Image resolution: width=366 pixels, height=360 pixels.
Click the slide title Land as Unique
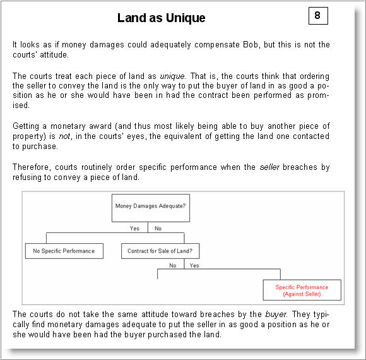click(161, 18)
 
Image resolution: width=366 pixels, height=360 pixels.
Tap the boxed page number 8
click(318, 16)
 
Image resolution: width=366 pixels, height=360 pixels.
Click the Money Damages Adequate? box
click(151, 208)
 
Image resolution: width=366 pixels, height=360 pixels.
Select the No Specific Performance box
click(64, 251)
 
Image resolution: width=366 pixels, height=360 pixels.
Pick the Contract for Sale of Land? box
click(160, 251)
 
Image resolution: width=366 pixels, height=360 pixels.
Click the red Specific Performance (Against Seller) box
click(302, 290)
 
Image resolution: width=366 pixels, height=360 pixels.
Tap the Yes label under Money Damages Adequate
click(134, 228)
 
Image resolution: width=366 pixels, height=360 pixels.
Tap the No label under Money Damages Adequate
click(158, 228)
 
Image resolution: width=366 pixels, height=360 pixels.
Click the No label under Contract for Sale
click(173, 265)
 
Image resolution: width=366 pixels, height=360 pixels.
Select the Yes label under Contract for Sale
click(194, 265)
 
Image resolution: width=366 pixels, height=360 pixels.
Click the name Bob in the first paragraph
click(251, 44)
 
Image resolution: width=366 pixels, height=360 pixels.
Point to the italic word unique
click(173, 76)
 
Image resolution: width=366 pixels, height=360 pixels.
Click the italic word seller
click(269, 167)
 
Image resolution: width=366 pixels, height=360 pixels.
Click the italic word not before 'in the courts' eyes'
click(65, 136)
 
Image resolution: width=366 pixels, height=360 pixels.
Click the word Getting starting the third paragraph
click(26, 126)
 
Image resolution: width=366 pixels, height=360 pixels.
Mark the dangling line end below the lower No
click(158, 279)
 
